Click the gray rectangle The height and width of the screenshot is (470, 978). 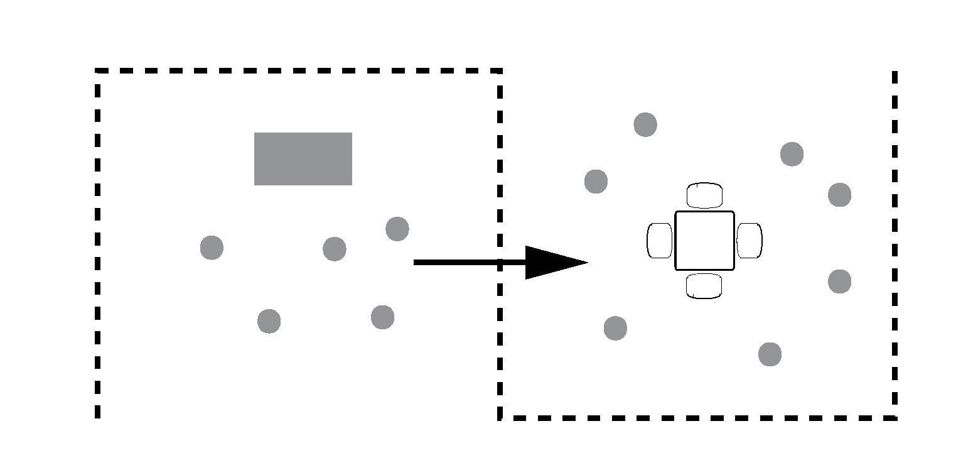click(x=303, y=159)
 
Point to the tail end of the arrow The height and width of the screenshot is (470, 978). click(x=416, y=262)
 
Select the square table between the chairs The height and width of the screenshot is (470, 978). click(x=704, y=241)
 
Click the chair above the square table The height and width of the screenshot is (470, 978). click(x=704, y=195)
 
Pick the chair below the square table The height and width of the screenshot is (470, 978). click(x=704, y=286)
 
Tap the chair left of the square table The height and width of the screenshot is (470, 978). click(x=659, y=241)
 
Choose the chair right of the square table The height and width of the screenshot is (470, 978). click(x=749, y=241)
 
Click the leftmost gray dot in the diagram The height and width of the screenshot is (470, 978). click(x=212, y=248)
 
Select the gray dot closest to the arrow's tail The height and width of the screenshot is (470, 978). click(x=397, y=229)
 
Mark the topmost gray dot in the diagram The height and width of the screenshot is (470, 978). click(x=645, y=124)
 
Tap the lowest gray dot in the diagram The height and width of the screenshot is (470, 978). click(x=770, y=354)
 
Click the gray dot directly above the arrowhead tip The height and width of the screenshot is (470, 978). click(x=596, y=182)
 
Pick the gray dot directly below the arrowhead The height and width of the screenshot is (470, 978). click(x=615, y=328)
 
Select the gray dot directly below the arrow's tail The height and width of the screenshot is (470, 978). click(x=382, y=317)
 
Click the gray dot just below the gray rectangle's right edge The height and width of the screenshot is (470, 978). click(x=334, y=249)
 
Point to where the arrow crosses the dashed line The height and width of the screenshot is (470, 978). click(x=500, y=262)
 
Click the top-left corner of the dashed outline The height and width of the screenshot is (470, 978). click(x=98, y=71)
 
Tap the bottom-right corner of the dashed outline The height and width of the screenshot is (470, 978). click(x=895, y=417)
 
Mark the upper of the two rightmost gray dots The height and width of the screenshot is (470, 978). click(x=839, y=195)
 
